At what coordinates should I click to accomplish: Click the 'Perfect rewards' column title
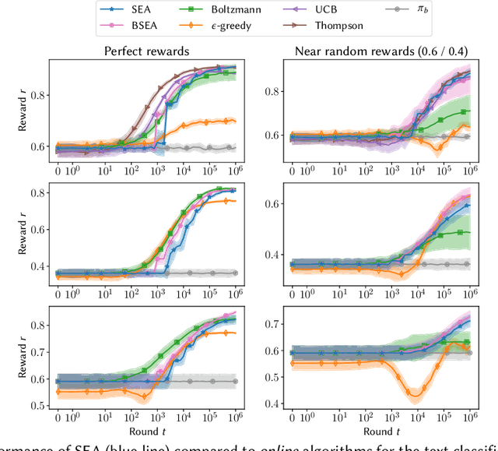point(147,51)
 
